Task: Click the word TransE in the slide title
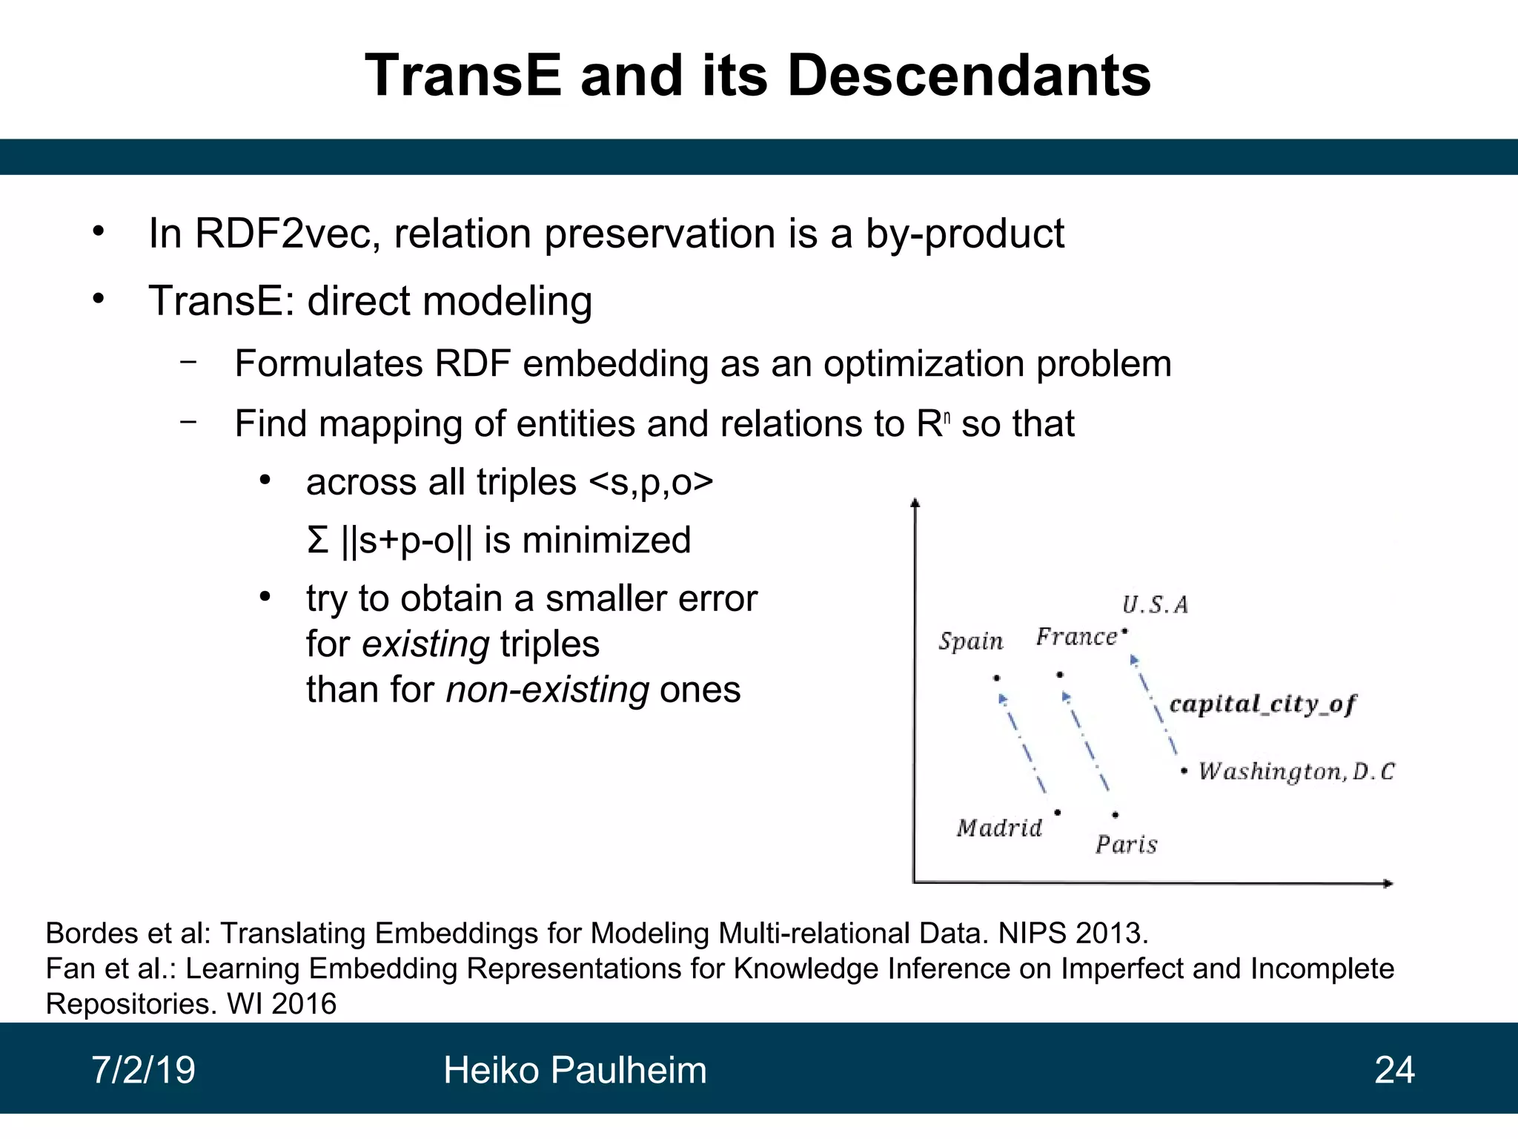click(463, 76)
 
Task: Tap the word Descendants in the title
click(969, 76)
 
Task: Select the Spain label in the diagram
click(970, 641)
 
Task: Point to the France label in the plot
click(1076, 637)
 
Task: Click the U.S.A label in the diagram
click(1155, 605)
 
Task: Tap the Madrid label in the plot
click(999, 828)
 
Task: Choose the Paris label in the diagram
click(1126, 845)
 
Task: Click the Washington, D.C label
click(1296, 772)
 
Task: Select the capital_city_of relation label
click(1262, 704)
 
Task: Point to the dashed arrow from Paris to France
click(1086, 742)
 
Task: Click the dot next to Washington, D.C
click(1184, 772)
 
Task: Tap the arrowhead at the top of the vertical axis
click(915, 504)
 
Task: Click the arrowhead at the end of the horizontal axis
click(1388, 883)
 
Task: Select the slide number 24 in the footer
click(1394, 1070)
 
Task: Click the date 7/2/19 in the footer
click(143, 1070)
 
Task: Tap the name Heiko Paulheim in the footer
click(574, 1070)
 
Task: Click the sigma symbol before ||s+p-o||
click(317, 540)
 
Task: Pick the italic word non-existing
click(548, 690)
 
